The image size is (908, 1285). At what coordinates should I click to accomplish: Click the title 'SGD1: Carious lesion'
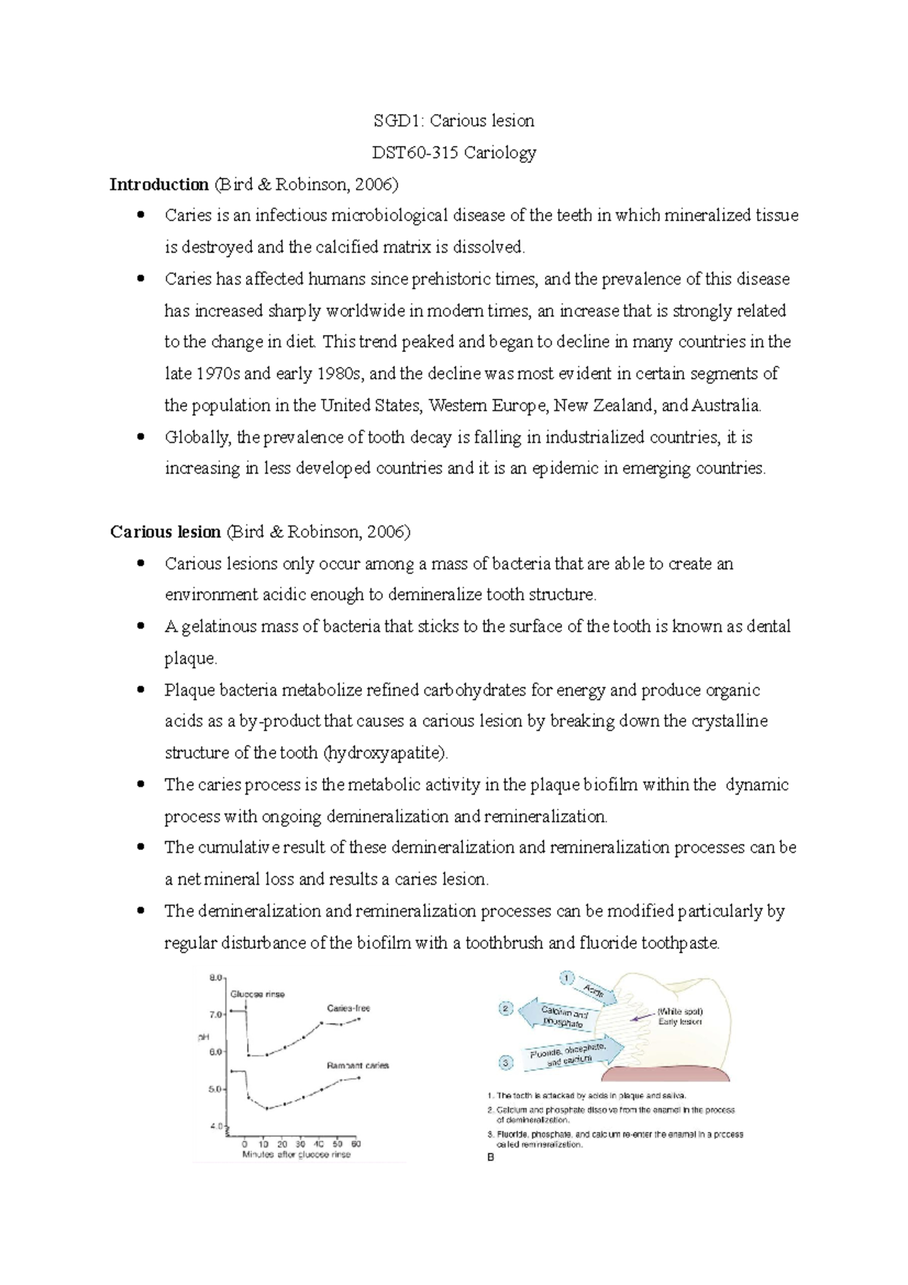click(454, 121)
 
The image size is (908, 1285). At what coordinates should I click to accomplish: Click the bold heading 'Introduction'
click(159, 185)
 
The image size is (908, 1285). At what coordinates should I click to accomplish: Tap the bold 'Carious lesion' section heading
click(166, 532)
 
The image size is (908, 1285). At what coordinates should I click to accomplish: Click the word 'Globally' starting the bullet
click(197, 437)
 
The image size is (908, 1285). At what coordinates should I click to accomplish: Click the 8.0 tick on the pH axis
click(216, 978)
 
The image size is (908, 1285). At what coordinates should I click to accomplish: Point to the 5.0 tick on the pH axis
click(216, 1090)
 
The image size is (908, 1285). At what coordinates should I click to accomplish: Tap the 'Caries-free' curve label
click(348, 1008)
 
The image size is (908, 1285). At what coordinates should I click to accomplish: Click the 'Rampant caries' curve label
click(357, 1066)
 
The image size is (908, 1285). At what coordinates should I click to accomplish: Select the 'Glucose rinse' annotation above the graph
click(257, 994)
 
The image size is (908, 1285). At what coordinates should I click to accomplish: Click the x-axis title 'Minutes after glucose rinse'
click(296, 1155)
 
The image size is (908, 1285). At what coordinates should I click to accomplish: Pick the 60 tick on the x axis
click(355, 1144)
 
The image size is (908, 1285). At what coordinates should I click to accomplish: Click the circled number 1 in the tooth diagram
click(567, 978)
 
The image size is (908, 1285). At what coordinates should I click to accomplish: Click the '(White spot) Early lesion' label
click(679, 1016)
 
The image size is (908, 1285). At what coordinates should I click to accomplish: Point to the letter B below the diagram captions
click(490, 1157)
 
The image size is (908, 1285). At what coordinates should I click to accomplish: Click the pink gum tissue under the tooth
click(666, 1075)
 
